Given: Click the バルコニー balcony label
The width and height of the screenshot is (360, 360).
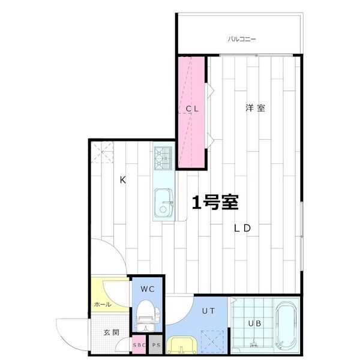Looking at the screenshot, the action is [x=242, y=39].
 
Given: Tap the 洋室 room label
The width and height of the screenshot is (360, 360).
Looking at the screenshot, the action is [x=256, y=108].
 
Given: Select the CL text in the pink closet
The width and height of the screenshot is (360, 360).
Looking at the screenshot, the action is [x=192, y=109].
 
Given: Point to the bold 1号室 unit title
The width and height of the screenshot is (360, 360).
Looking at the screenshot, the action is [x=215, y=202].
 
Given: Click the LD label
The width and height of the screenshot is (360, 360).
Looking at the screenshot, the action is [x=242, y=228].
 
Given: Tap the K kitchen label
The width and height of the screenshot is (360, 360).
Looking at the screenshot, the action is [x=123, y=180].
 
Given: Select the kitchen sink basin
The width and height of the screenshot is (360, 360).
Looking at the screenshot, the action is [x=164, y=203].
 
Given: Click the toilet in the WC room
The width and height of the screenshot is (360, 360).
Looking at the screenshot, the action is [x=148, y=315].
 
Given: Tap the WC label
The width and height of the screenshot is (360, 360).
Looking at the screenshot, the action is [x=148, y=289].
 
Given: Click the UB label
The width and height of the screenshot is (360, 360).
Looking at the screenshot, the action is [x=254, y=323].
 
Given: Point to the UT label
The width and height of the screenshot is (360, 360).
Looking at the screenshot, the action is [x=208, y=311].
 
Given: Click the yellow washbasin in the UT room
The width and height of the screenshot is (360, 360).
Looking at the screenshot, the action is [x=182, y=345].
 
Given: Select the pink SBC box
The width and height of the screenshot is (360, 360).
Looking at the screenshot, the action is [x=139, y=344].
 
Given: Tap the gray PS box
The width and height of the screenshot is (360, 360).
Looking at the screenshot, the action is [x=155, y=344].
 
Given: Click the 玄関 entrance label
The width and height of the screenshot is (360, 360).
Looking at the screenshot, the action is [x=111, y=332].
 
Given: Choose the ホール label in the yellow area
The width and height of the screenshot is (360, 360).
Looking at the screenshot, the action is [x=103, y=305].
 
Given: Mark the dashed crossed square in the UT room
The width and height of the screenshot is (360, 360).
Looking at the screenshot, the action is [x=212, y=341].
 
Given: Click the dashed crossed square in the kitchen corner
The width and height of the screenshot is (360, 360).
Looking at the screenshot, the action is [x=103, y=152].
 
